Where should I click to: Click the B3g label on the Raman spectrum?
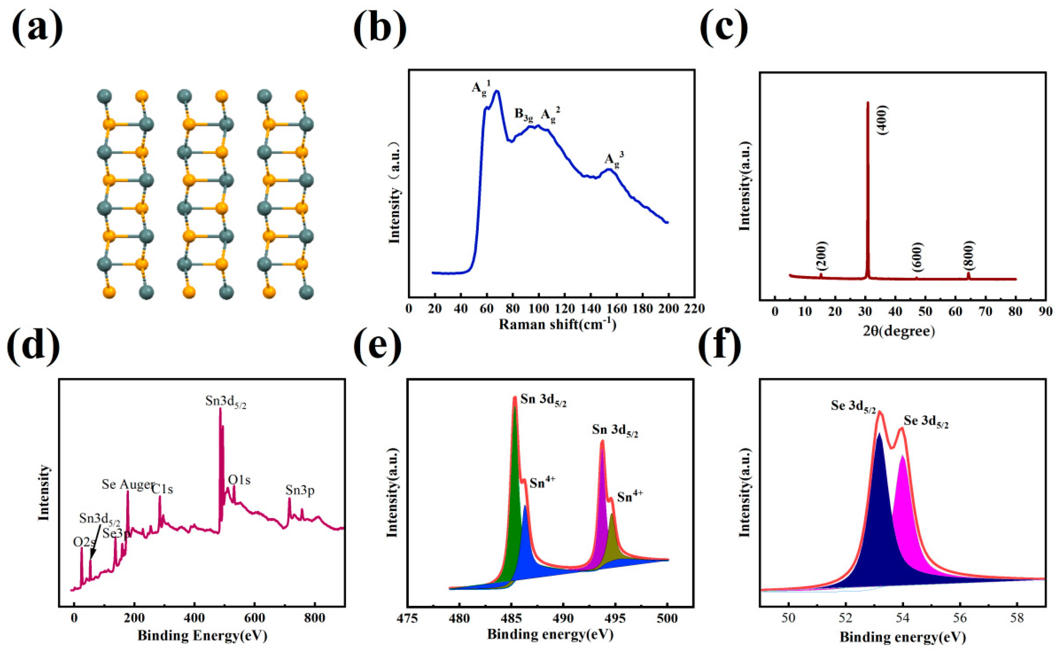pyautogui.click(x=524, y=114)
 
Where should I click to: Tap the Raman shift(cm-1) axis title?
pyautogui.click(x=557, y=324)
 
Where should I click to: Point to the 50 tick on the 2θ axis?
pyautogui.click(x=926, y=311)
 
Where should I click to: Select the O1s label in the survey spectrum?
pyautogui.click(x=239, y=480)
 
